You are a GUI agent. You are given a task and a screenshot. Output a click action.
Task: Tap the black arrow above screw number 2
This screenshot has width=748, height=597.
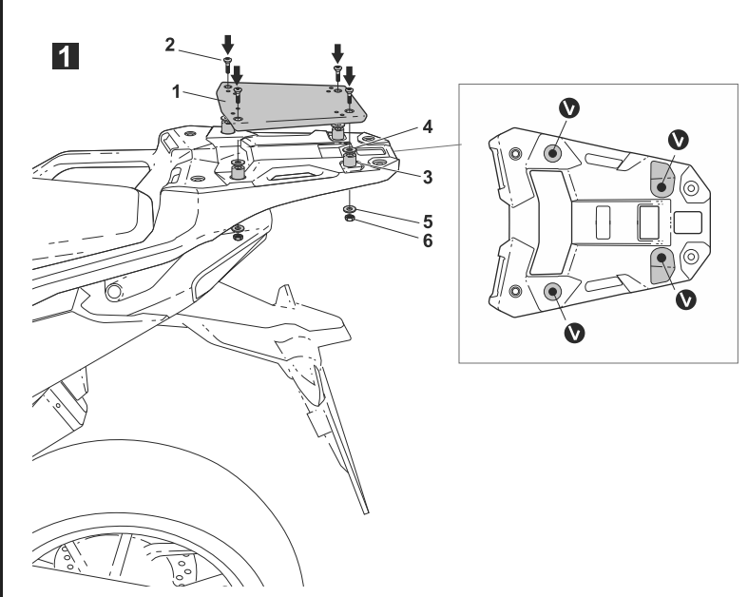226,44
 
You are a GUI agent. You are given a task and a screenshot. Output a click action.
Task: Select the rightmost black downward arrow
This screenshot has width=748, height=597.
349,73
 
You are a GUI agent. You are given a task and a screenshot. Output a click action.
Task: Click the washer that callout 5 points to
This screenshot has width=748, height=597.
351,207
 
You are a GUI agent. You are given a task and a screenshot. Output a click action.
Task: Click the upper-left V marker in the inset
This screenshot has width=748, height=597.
568,108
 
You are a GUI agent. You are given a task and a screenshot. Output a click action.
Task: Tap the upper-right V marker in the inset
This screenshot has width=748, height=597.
678,138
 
